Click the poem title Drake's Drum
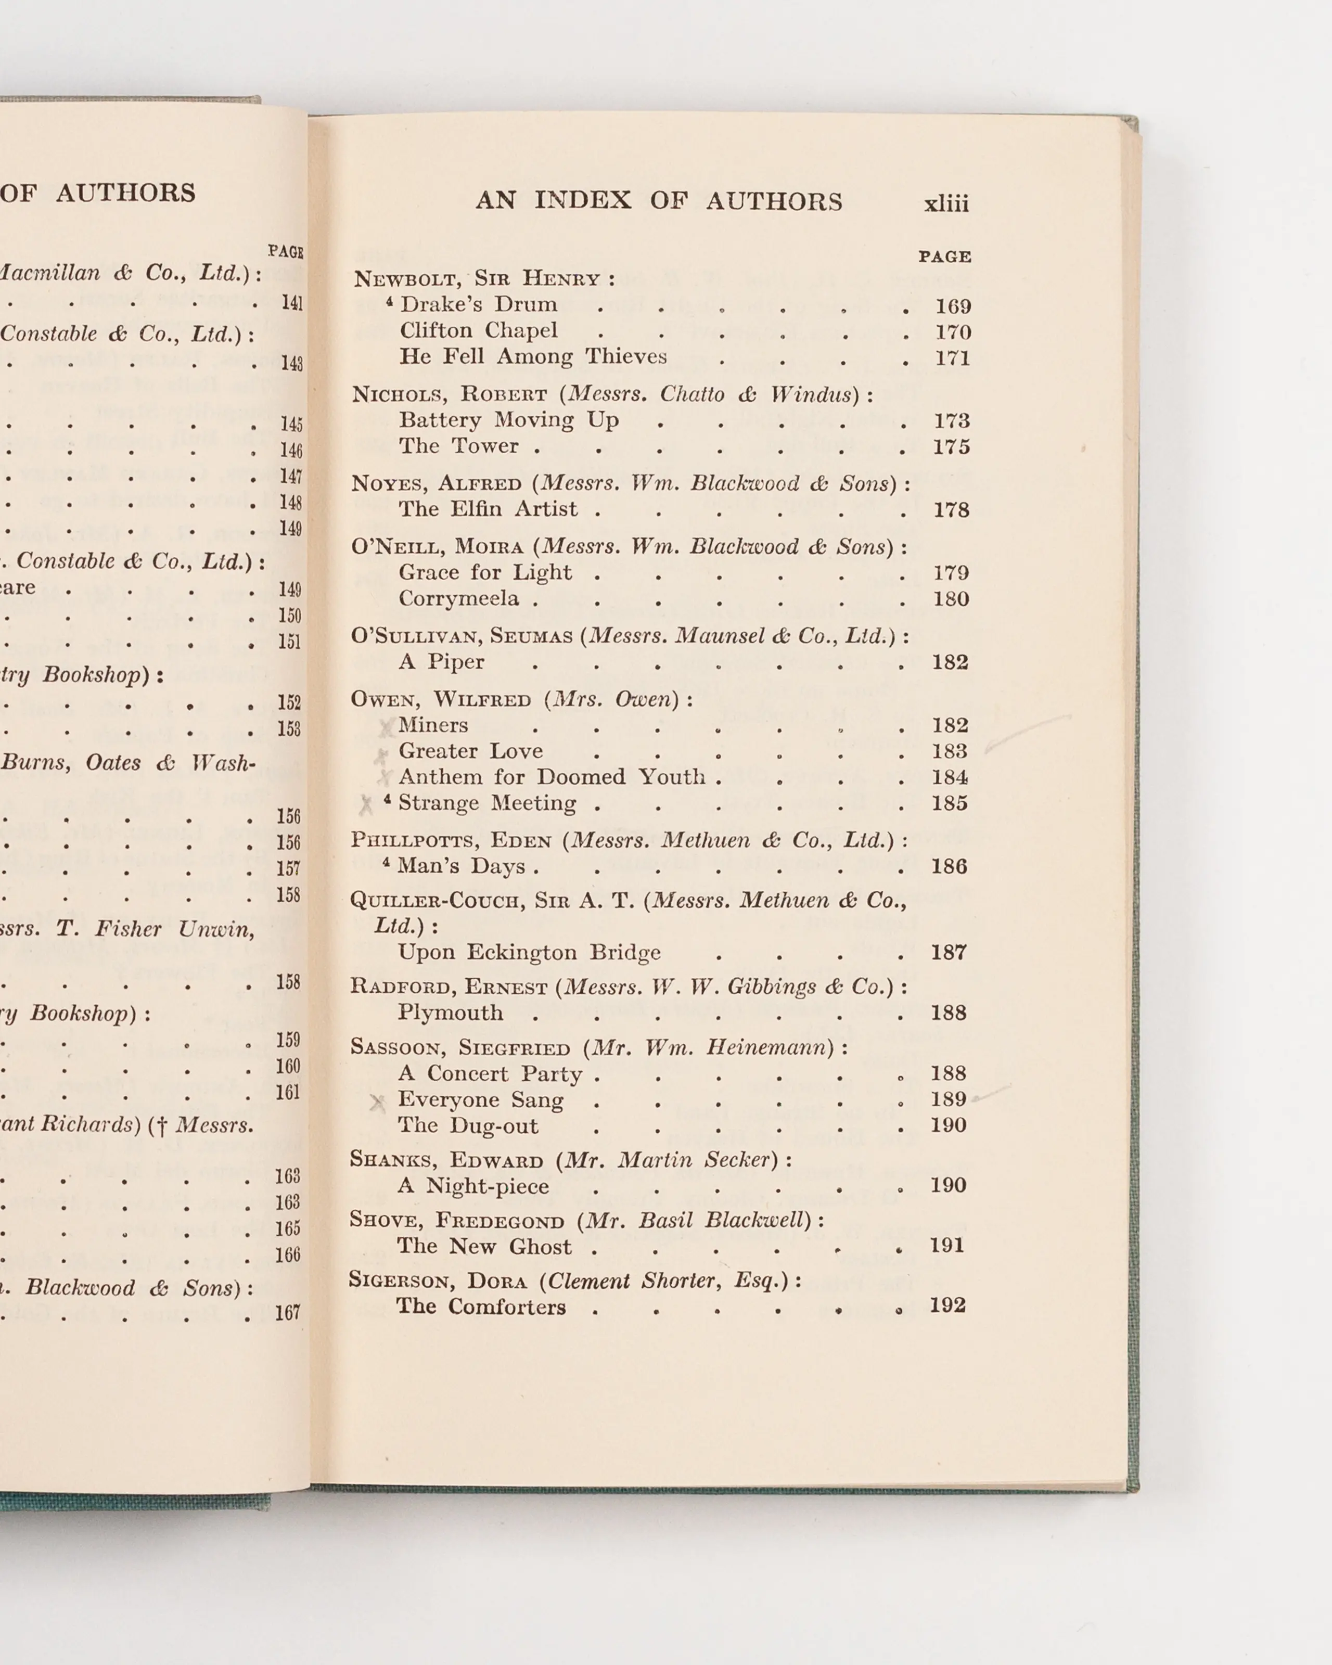tap(479, 304)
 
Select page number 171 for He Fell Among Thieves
tap(952, 358)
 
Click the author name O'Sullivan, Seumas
tap(462, 636)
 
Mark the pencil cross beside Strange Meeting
tap(366, 805)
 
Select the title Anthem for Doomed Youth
tap(552, 777)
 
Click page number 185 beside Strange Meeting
tap(949, 803)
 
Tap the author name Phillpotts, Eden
tap(451, 840)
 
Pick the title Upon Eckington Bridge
tap(529, 952)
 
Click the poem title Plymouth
tap(450, 1013)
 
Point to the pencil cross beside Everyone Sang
tap(377, 1102)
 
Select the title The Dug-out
tap(467, 1125)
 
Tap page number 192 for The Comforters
tap(947, 1305)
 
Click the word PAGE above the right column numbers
tap(944, 257)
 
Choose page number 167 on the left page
tap(287, 1312)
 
